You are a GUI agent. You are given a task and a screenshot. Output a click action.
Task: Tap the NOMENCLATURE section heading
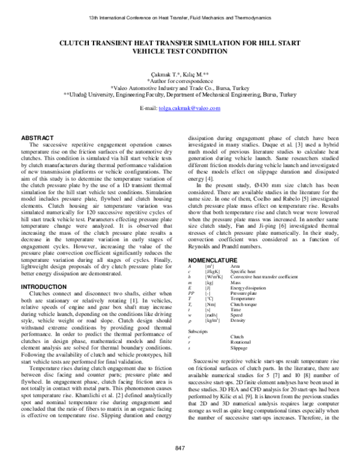tap(213, 259)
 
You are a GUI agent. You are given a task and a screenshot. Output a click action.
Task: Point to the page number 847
tap(179, 448)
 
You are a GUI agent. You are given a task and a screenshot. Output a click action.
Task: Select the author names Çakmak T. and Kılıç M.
tap(180, 73)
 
